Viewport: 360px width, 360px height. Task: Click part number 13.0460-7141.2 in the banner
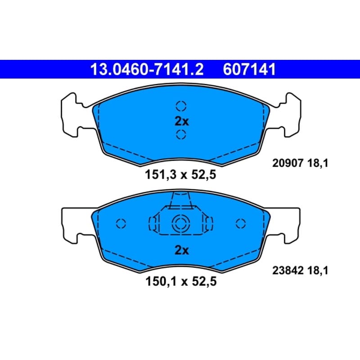(x=147, y=69)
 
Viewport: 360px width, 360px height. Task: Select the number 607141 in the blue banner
(x=249, y=69)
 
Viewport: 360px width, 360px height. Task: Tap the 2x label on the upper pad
(x=182, y=121)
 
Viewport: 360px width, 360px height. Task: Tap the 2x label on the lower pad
(x=182, y=250)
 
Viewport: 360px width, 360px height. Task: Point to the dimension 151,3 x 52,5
(x=180, y=175)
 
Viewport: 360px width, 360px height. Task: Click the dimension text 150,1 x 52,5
(x=181, y=281)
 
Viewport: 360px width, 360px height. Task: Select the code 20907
(x=288, y=163)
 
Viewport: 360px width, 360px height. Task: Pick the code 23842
(x=288, y=270)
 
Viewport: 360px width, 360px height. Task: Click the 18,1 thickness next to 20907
(x=318, y=163)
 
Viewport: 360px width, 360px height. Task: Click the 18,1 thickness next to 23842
(x=318, y=270)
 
